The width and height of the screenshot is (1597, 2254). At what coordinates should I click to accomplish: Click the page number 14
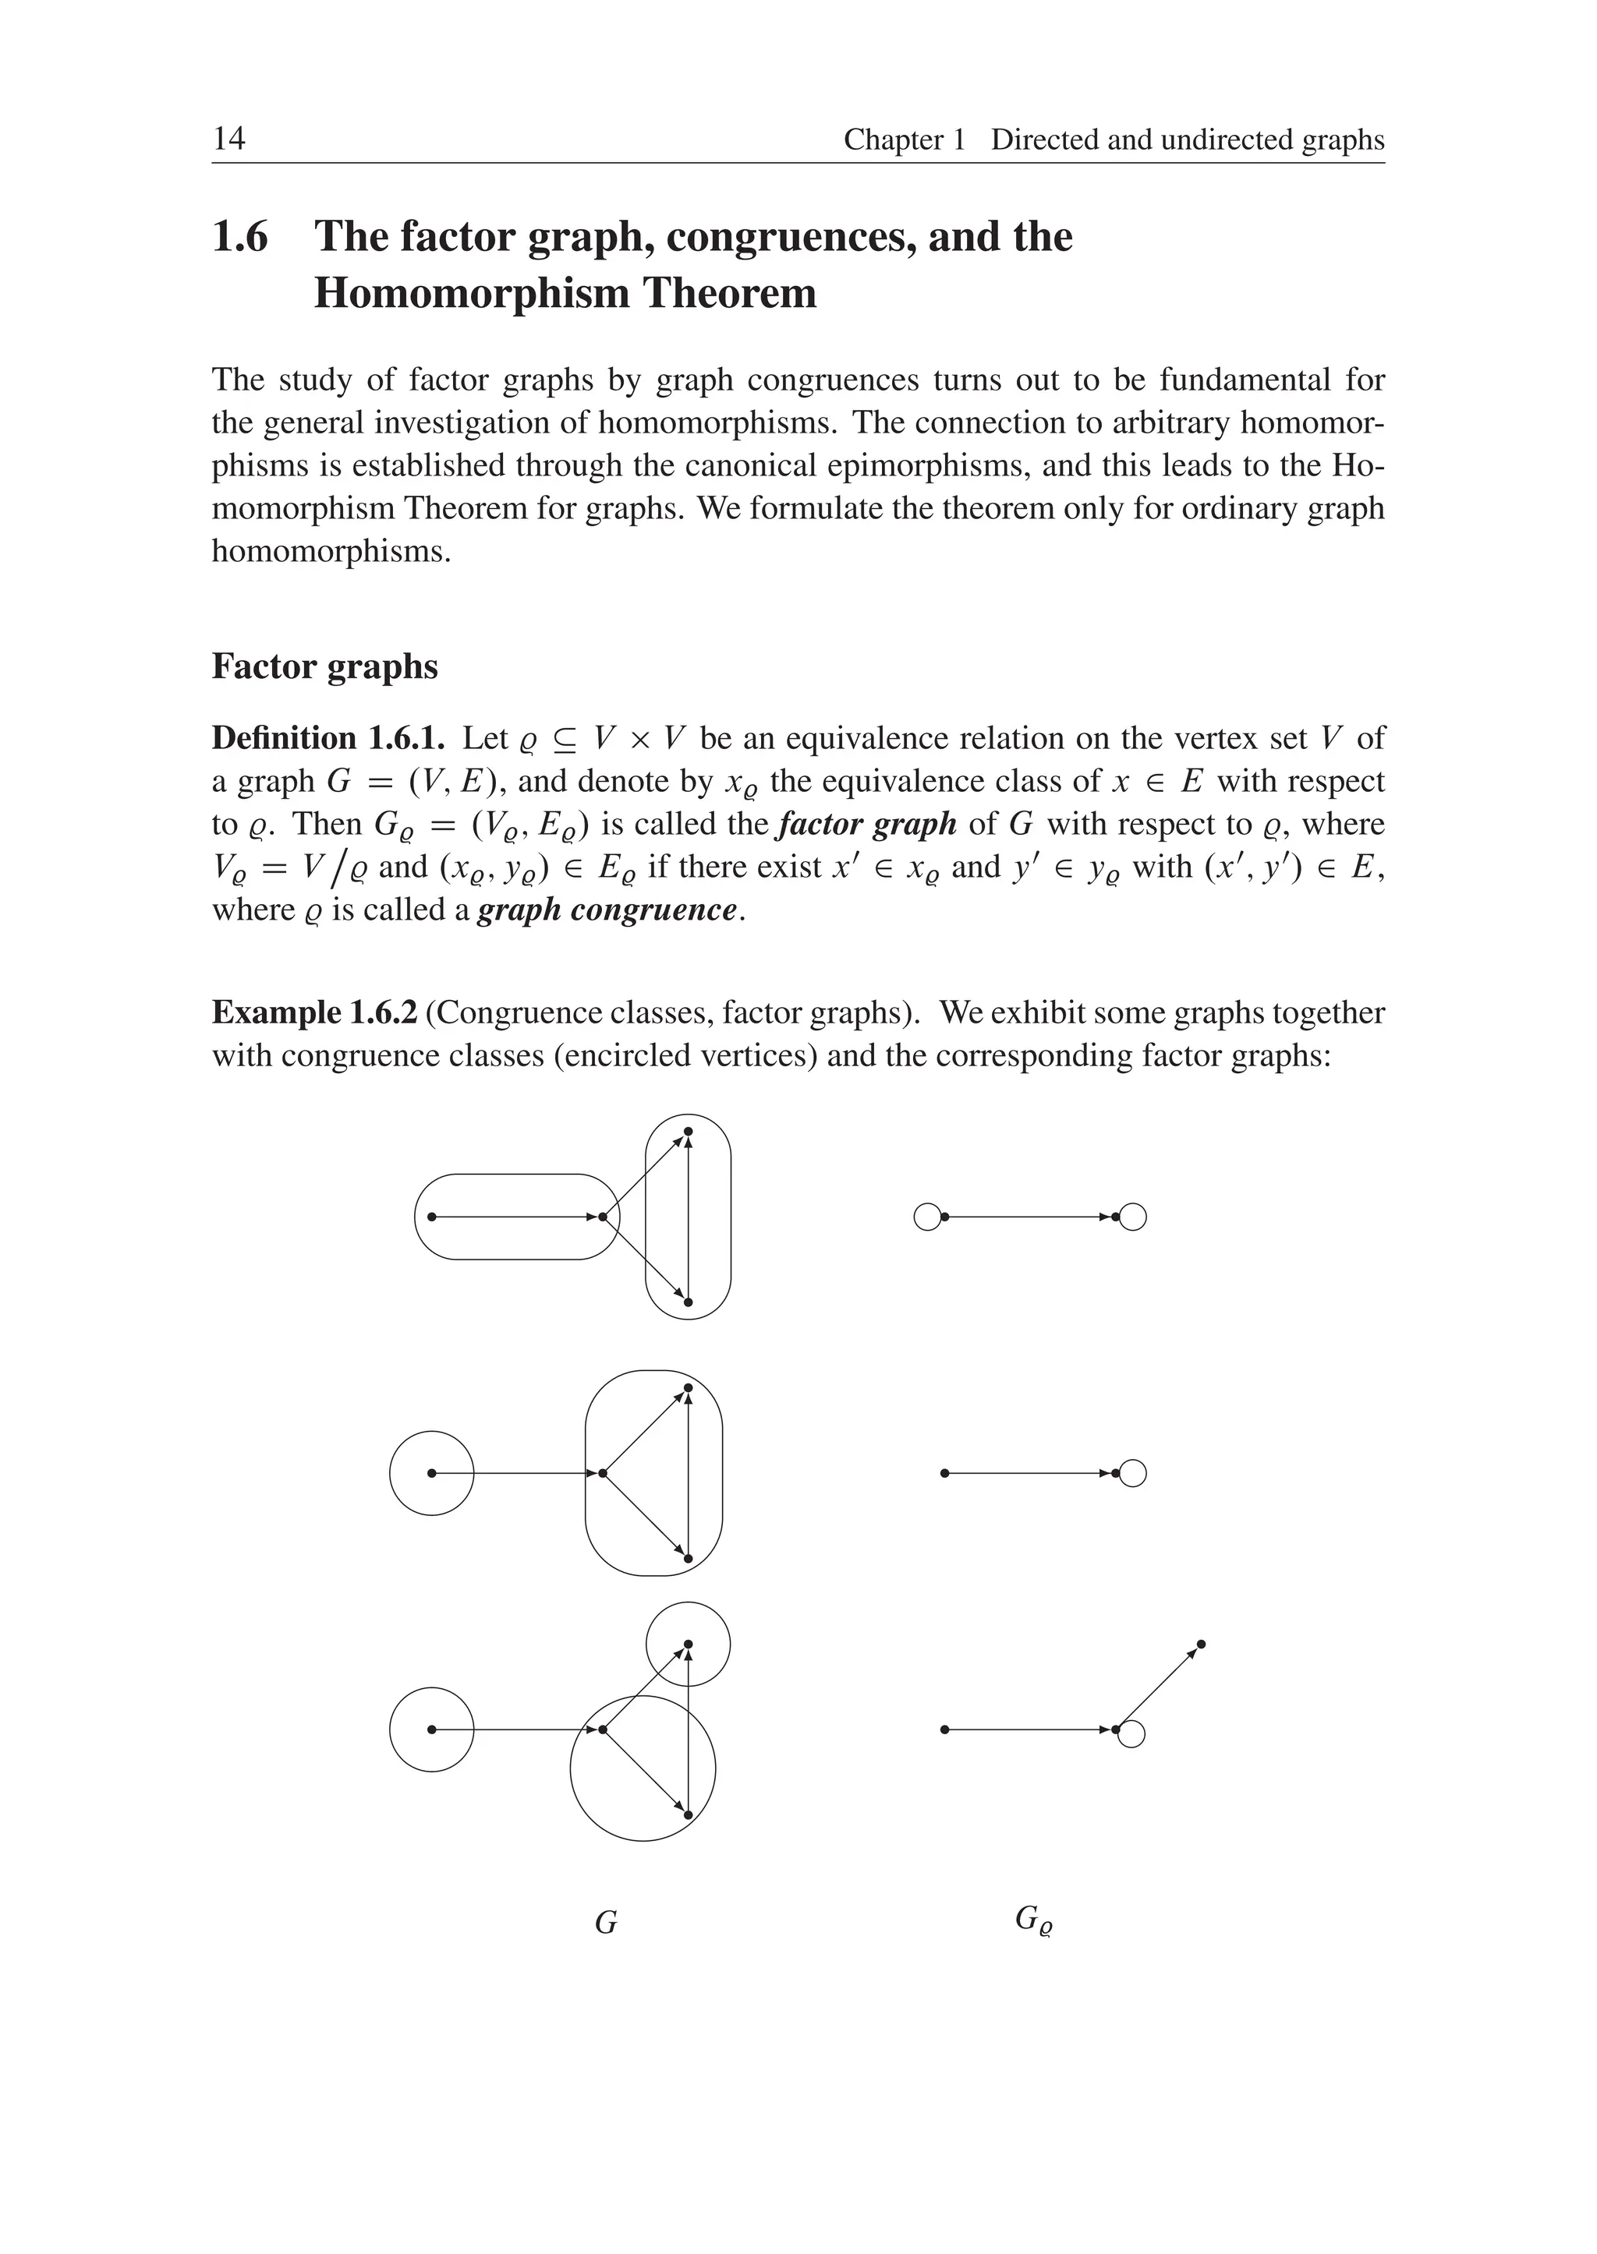click(228, 139)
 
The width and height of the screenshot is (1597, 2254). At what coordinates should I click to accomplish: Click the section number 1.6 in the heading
click(240, 237)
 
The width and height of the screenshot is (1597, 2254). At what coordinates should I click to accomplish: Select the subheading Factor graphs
click(324, 666)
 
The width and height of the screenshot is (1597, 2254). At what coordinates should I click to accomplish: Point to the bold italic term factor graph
click(866, 824)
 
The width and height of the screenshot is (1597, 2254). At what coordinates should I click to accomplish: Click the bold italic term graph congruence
click(607, 910)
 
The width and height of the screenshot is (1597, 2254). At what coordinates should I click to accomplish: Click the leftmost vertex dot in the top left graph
click(432, 1217)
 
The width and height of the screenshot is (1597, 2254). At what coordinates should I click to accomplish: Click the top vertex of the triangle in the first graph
click(689, 1132)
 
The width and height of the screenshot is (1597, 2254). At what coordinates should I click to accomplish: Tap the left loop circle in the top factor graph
click(927, 1217)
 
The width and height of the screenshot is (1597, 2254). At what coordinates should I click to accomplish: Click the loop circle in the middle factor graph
click(1133, 1474)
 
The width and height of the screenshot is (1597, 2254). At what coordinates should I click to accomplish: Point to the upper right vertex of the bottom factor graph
click(1202, 1644)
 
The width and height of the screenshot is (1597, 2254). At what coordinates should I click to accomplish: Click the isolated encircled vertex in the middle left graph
click(432, 1474)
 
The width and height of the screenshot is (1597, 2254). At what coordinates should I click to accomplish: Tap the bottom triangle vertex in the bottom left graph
click(689, 1814)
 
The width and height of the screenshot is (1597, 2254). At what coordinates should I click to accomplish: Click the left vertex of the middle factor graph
click(944, 1474)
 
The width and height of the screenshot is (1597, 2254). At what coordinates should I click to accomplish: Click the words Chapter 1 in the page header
click(904, 140)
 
